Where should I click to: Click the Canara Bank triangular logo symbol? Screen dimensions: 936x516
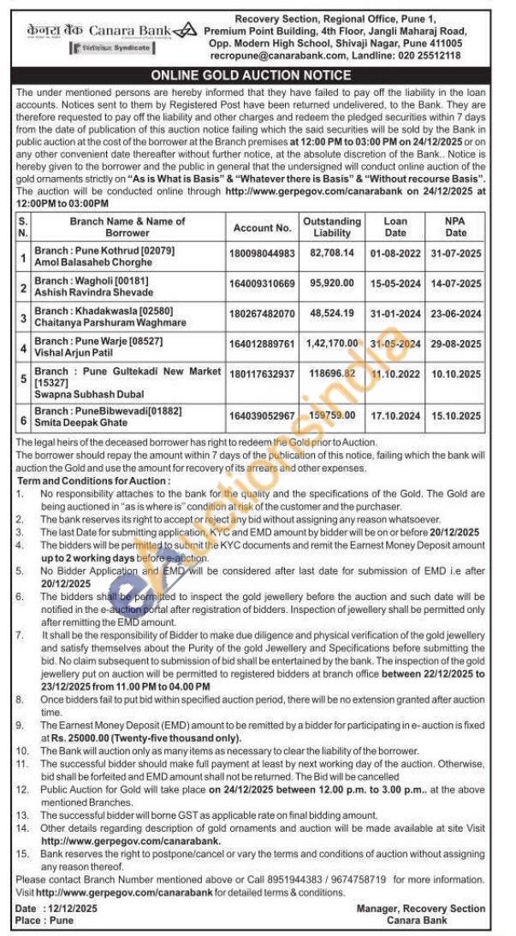(x=184, y=32)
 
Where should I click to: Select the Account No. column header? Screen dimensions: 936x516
(x=262, y=228)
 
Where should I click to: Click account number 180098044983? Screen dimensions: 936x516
(x=262, y=255)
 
